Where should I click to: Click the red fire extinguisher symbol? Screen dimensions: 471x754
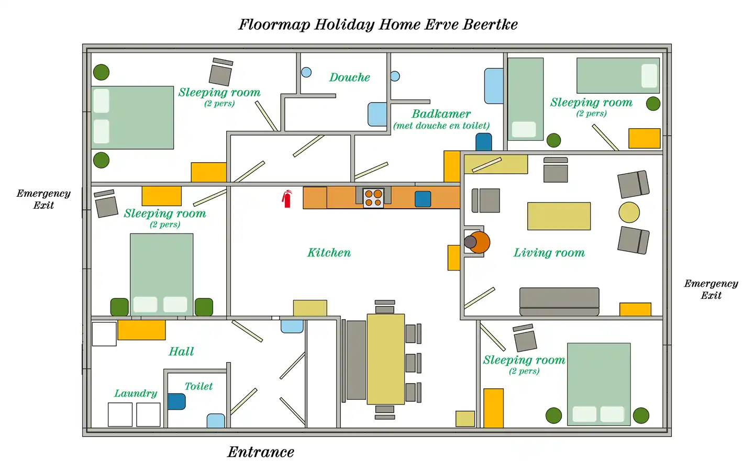pos(287,199)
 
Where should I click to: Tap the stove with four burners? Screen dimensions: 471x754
pos(373,198)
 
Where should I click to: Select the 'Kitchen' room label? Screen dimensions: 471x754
pos(329,253)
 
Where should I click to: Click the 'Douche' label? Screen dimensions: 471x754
pos(349,77)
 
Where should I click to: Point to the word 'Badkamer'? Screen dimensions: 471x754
pos(441,114)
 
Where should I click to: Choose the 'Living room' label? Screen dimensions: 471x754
pos(549,253)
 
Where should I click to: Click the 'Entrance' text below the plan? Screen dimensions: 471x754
pos(261,452)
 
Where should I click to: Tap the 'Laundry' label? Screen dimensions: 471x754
pos(136,394)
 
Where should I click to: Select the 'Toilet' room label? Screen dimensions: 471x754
pos(198,386)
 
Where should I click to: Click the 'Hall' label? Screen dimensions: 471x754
pos(181,352)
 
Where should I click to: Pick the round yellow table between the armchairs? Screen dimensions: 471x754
pos(629,212)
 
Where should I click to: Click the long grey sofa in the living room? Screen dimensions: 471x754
pos(559,301)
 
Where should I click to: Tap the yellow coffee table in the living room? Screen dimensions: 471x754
pos(559,216)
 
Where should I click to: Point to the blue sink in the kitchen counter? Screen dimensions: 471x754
pos(423,199)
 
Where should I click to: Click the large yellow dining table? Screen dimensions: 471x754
pos(385,359)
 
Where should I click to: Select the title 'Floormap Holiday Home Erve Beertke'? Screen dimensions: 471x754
pos(378,25)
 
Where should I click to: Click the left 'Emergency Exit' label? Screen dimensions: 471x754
pos(43,199)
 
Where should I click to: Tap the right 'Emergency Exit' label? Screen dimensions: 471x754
pos(711,289)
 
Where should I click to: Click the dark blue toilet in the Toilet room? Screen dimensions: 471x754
pos(176,401)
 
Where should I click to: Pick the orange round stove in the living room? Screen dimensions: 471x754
pos(479,242)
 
